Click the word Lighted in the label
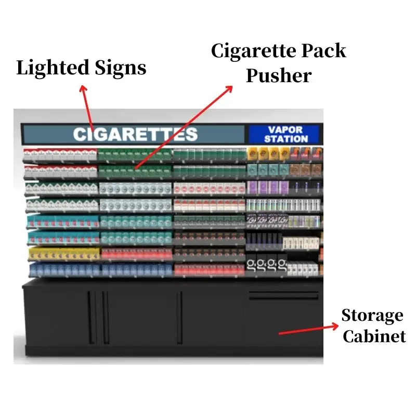click(46, 68)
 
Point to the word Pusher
click(279, 76)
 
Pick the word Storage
click(372, 316)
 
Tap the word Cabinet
click(374, 336)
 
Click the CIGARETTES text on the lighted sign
click(135, 134)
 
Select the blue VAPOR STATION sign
click(285, 134)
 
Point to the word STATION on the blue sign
click(285, 139)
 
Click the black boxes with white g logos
click(266, 266)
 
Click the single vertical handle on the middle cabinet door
click(180, 317)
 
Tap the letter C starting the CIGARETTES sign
click(80, 134)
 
